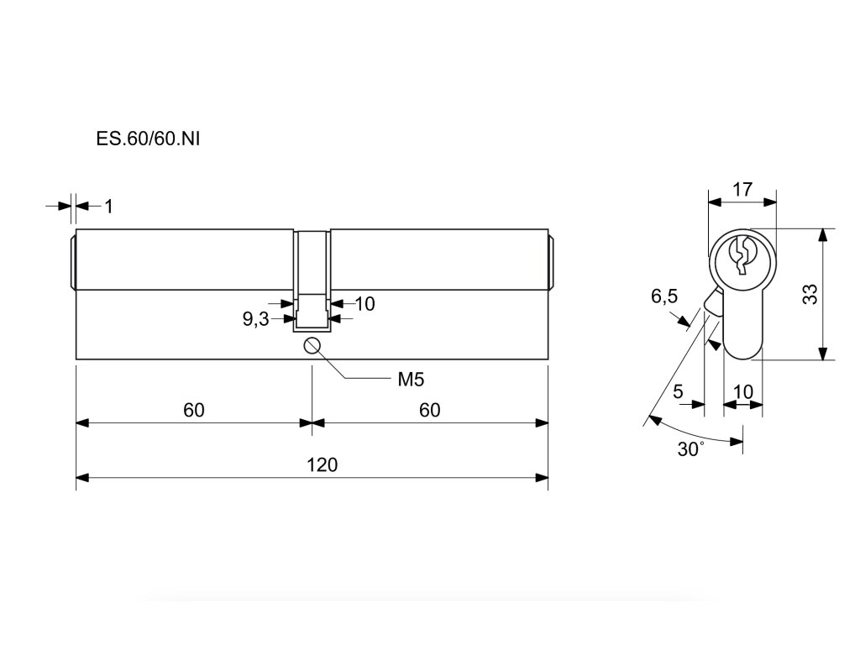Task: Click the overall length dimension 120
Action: click(x=322, y=464)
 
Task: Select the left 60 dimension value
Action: click(x=194, y=410)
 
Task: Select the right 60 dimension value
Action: click(x=429, y=410)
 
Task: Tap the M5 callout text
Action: click(x=411, y=380)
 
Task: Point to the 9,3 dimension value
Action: click(x=255, y=319)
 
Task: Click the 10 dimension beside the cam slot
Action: click(x=364, y=304)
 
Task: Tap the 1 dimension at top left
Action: click(x=108, y=206)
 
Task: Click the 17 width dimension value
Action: click(x=742, y=189)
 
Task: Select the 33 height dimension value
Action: click(x=809, y=294)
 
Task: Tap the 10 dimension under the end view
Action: click(x=742, y=391)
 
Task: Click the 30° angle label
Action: click(x=690, y=449)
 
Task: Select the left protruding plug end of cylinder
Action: click(x=72, y=261)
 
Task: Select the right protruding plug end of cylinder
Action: click(x=552, y=261)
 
